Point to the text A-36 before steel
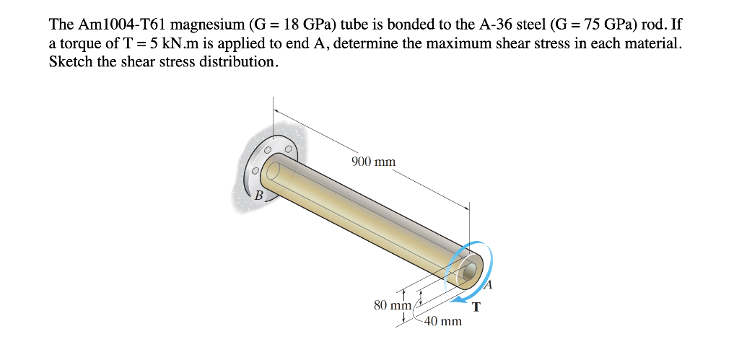click(x=493, y=25)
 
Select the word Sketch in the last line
click(x=70, y=62)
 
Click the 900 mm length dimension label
click(x=373, y=162)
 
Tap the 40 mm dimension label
click(x=442, y=321)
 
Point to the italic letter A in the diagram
click(x=487, y=286)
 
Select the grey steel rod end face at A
click(x=470, y=272)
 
